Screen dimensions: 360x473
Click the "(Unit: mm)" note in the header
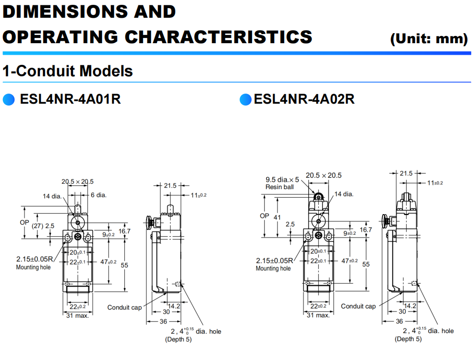428,38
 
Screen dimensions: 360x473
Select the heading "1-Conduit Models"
67,71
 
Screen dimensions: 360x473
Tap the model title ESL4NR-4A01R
70,99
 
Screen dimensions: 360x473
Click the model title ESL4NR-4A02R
304,99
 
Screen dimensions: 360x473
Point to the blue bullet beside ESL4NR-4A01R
9,99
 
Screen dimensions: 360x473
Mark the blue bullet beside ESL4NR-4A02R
245,99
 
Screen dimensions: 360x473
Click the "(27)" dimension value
38,226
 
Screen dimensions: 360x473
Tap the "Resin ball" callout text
279,187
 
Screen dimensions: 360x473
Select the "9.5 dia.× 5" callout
282,180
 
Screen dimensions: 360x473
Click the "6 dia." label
98,195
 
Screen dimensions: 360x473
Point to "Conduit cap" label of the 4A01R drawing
124,307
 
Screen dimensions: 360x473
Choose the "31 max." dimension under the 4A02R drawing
318,315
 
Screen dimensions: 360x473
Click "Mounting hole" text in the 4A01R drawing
33,267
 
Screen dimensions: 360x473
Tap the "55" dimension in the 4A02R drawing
366,264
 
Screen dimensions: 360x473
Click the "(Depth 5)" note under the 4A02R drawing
408,339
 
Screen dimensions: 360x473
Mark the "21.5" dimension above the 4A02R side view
406,173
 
